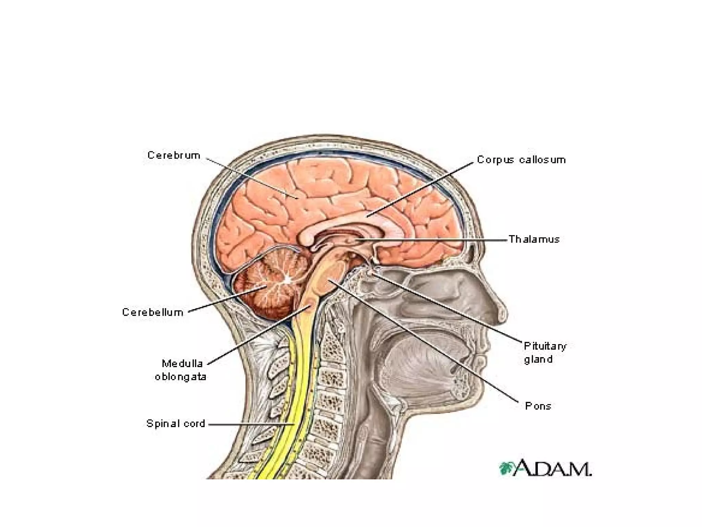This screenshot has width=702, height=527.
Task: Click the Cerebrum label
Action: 174,155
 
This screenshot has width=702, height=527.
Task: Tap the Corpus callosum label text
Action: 521,160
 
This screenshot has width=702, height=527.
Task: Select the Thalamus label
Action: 534,239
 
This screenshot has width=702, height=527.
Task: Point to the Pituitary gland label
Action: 545,352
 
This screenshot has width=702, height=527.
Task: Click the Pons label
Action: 538,406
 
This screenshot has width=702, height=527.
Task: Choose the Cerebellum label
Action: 153,312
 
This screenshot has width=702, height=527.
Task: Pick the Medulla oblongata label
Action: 181,370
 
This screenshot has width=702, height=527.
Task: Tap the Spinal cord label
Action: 175,424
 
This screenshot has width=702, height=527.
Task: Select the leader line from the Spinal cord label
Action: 250,424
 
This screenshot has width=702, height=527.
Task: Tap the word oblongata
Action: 181,377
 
